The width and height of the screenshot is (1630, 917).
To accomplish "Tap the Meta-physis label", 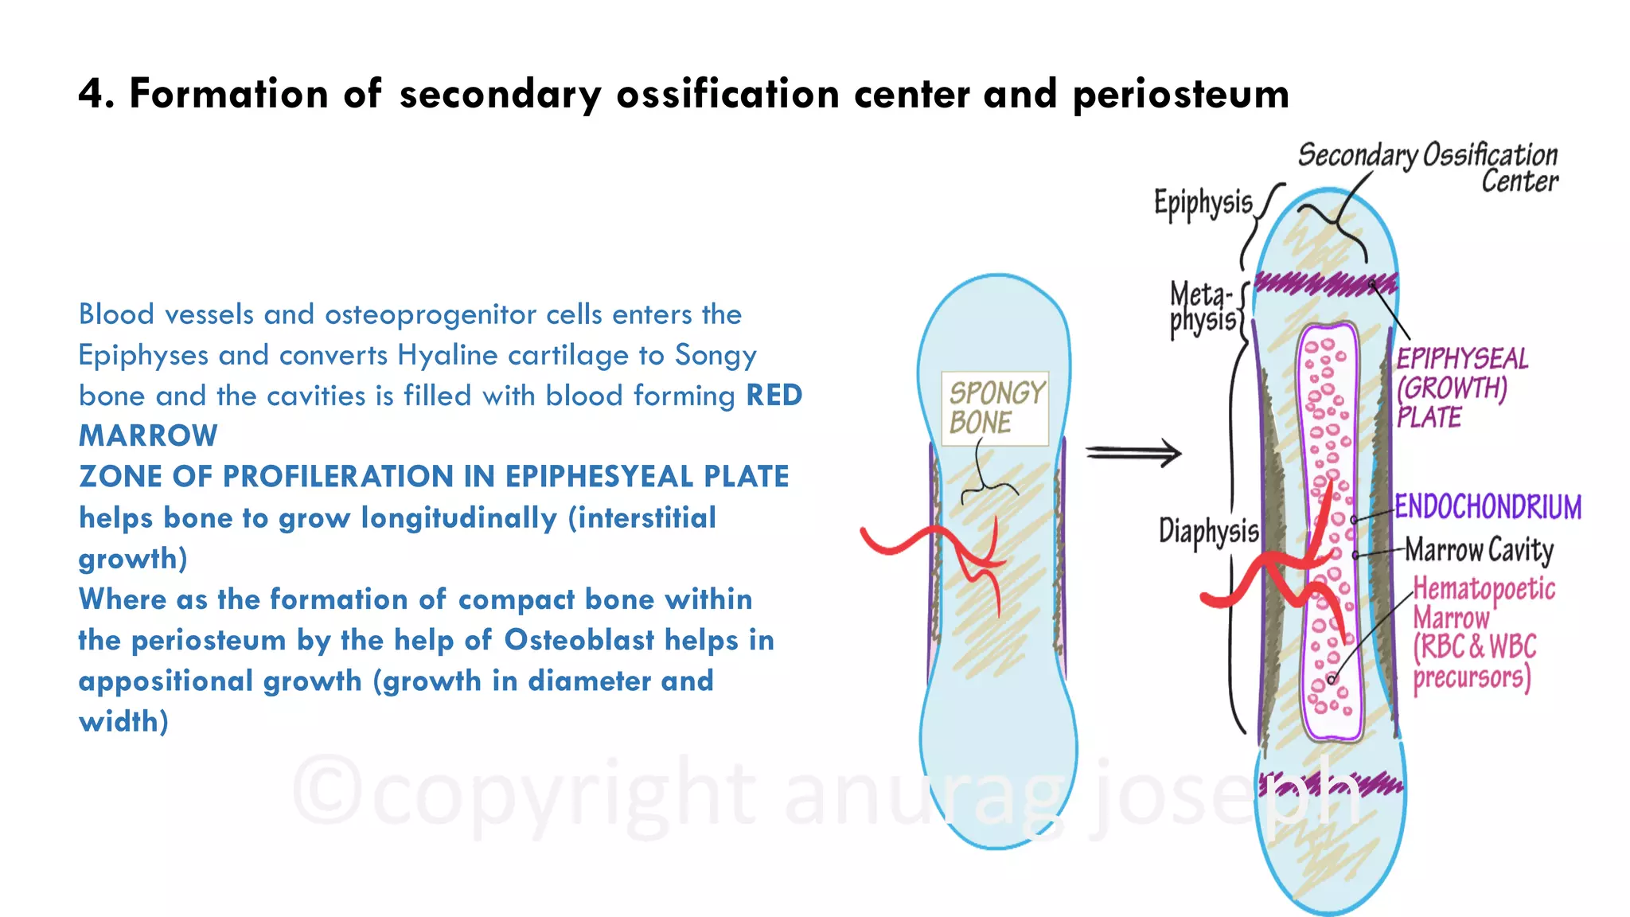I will (x=1202, y=309).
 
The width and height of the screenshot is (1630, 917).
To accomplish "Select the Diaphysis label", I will (x=1208, y=531).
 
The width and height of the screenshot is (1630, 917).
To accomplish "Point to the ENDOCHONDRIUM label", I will (x=1488, y=507).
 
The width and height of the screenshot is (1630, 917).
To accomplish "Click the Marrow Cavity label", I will (x=1479, y=549).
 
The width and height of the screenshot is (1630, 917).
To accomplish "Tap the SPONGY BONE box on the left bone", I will (x=995, y=408).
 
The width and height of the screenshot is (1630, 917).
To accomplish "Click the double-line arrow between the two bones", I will (x=1133, y=453).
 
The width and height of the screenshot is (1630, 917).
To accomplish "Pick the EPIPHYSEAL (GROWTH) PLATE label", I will (x=1462, y=388).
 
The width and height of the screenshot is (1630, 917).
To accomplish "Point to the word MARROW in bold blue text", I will (x=148, y=436).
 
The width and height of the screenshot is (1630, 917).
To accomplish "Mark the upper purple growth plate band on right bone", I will (x=1324, y=283).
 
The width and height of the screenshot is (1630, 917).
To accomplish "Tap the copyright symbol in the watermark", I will (x=327, y=791).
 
